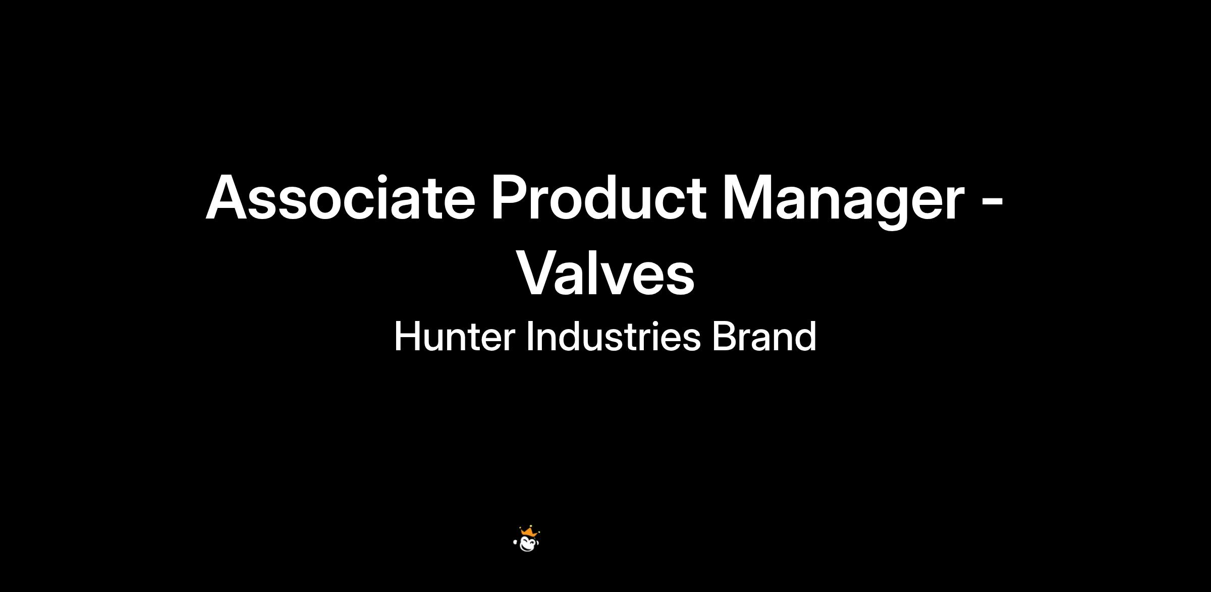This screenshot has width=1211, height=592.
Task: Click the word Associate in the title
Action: pyautogui.click(x=341, y=197)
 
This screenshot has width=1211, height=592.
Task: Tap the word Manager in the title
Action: pyautogui.click(x=844, y=201)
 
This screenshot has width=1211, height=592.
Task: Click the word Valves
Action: pyautogui.click(x=606, y=273)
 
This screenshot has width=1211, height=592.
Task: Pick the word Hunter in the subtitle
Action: pyautogui.click(x=454, y=337)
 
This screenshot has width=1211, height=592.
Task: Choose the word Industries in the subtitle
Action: pyautogui.click(x=614, y=336)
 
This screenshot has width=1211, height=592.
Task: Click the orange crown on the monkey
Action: pyautogui.click(x=529, y=531)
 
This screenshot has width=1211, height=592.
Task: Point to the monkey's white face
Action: pyautogui.click(x=528, y=544)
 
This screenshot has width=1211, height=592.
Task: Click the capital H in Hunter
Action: pyautogui.click(x=406, y=337)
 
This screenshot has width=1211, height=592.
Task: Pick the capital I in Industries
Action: pyautogui.click(x=529, y=337)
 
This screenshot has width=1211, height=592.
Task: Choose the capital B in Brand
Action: pyautogui.click(x=724, y=337)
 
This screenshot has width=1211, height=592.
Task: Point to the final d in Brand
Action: pyautogui.click(x=806, y=337)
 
